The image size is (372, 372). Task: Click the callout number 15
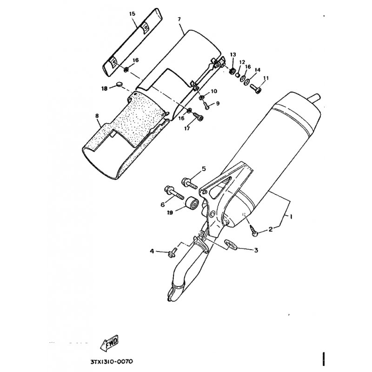pos(133,14)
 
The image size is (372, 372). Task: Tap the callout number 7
pos(179,19)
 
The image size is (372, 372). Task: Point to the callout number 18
pos(105,88)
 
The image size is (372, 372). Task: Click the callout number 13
pos(233,55)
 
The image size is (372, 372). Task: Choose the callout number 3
pos(255,250)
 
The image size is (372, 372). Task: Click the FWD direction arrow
pos(111,345)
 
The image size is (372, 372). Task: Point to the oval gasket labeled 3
pos(230,243)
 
